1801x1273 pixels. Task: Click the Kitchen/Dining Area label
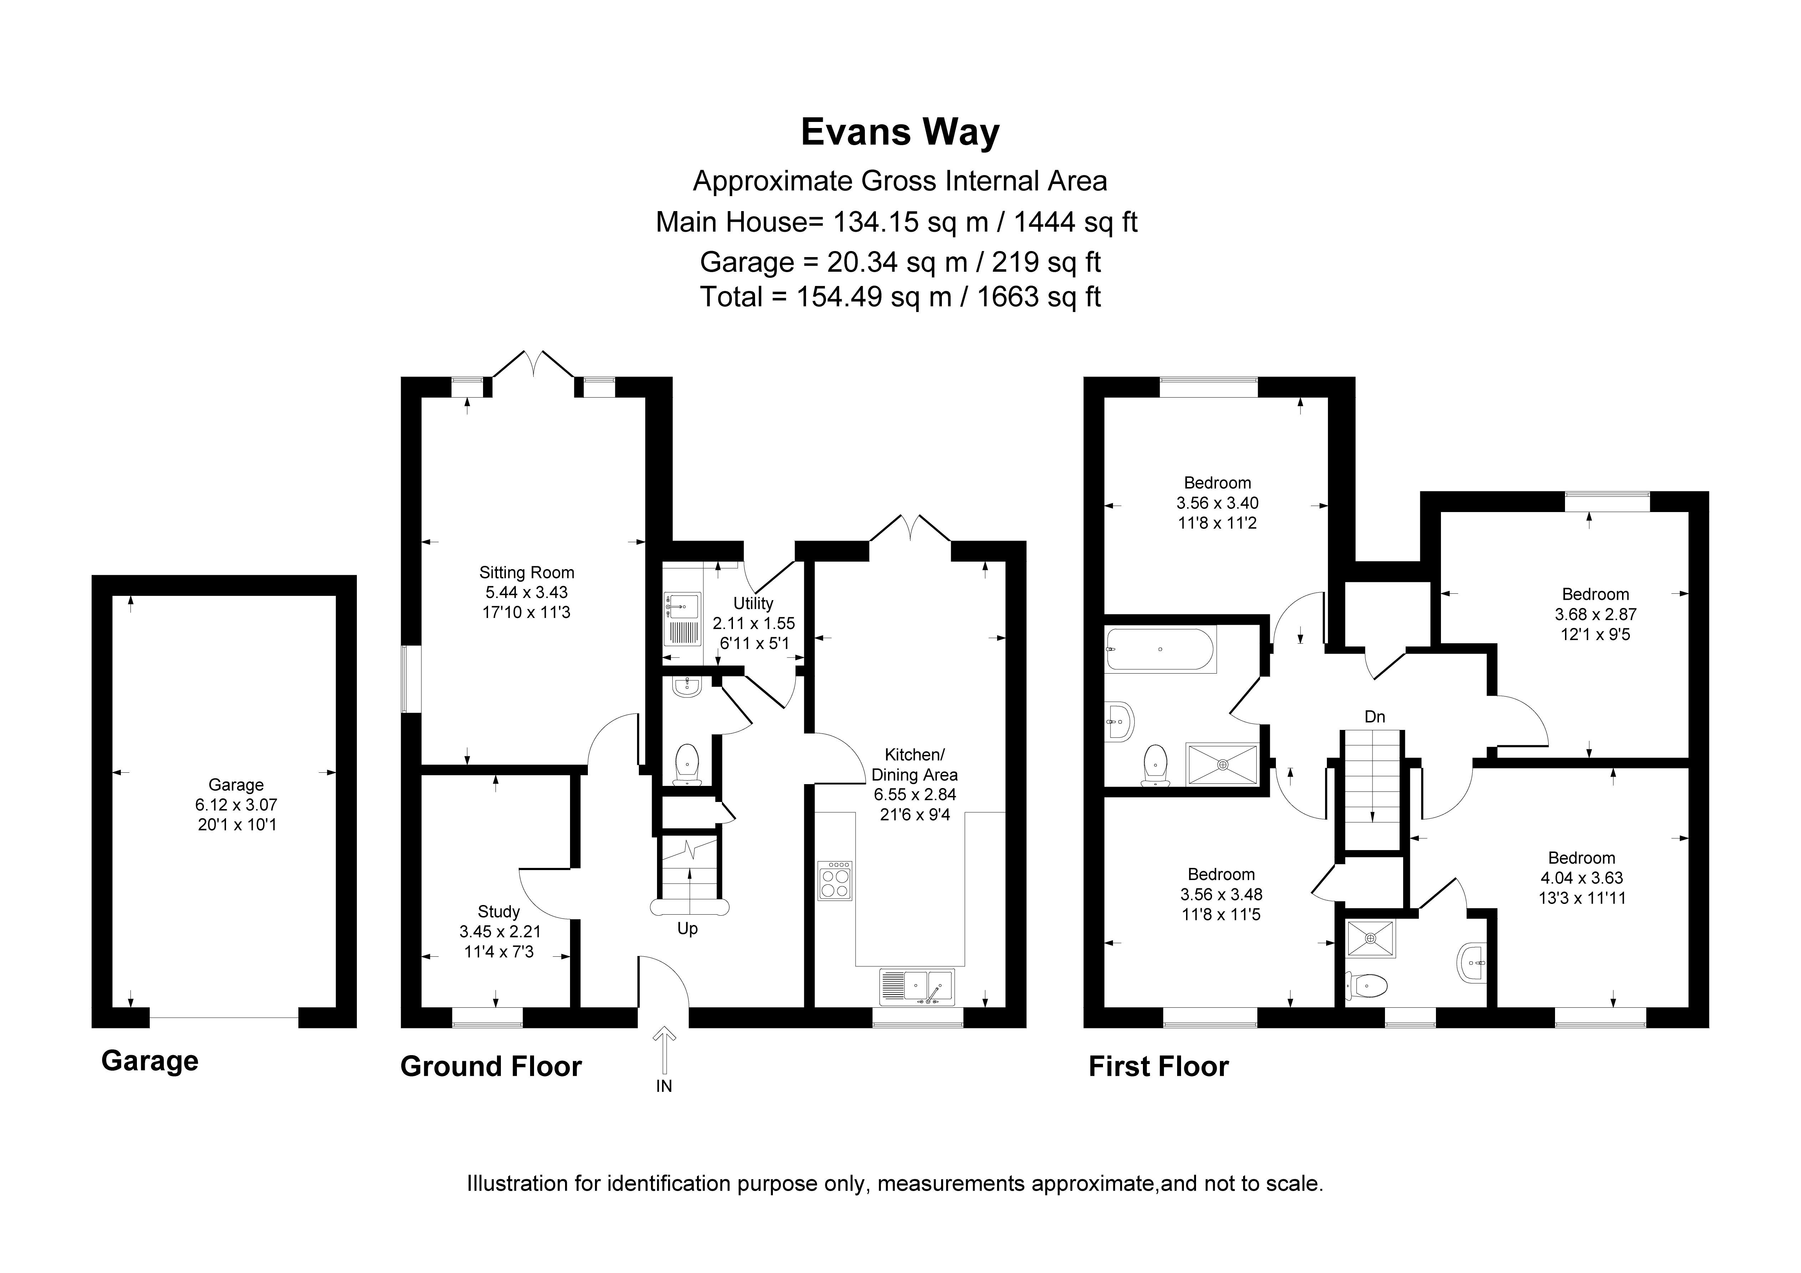[x=915, y=765]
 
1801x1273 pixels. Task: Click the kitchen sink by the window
[x=917, y=987]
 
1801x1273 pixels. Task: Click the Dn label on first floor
[x=1374, y=717]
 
